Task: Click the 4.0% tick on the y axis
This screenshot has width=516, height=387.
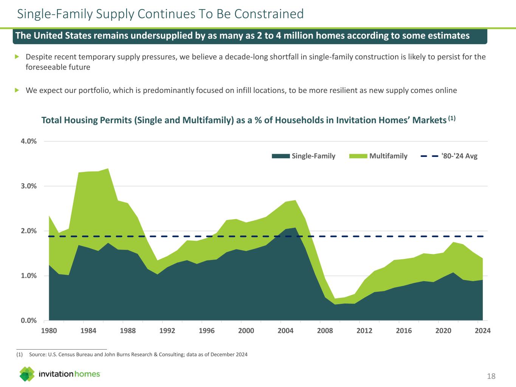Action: [29, 141]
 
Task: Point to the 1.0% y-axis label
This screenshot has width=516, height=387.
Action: [29, 276]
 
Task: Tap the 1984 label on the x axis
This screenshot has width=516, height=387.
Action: [88, 331]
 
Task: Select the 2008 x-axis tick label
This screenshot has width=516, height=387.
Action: [325, 331]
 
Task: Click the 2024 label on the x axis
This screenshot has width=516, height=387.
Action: [483, 331]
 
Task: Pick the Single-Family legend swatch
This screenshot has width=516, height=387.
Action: [281, 156]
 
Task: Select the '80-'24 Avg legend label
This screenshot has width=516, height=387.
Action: [459, 156]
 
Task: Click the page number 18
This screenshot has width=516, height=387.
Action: [491, 376]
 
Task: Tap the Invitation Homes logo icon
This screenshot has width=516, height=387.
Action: [27, 374]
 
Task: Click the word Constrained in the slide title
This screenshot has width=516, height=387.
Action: [269, 14]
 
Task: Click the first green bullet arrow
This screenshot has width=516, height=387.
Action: [17, 57]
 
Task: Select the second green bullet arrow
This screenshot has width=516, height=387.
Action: [17, 90]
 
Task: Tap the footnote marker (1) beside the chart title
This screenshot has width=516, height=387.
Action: [452, 118]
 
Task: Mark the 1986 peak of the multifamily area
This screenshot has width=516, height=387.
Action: [108, 169]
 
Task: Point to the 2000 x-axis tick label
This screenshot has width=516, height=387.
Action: [246, 331]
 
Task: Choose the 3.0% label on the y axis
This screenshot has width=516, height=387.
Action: [29, 186]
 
